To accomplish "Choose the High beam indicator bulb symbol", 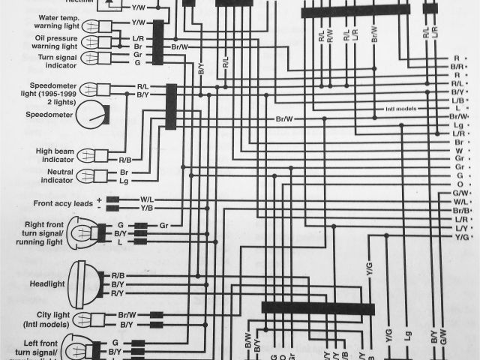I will [96, 156].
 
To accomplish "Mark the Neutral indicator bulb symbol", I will [96, 176].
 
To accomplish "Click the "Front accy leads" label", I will [63, 203].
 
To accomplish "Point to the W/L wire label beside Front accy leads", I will [147, 199].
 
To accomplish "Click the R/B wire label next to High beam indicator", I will [124, 160].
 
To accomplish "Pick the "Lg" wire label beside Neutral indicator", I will [124, 181].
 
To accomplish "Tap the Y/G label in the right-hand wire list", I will [460, 237].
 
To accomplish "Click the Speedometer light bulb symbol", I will [96, 90].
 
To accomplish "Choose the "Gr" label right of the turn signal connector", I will [163, 225].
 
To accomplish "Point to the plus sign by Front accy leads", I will [98, 199].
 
